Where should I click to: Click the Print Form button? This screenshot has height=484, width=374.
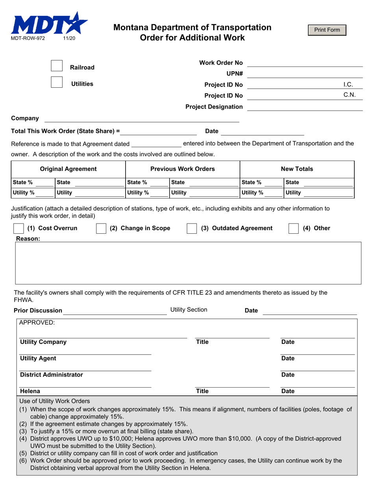pos(327,30)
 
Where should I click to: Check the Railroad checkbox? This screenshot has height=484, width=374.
pos(57,66)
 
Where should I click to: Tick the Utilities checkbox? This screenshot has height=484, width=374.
pos(57,82)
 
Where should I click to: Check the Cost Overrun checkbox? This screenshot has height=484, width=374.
pos(19,229)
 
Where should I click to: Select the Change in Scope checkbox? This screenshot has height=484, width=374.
pos(101,229)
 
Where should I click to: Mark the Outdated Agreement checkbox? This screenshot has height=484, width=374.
pos(192,229)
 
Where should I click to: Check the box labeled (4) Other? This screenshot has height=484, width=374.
pos(294,229)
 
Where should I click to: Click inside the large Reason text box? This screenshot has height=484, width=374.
pos(188,263)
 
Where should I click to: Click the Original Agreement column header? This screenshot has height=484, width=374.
pos(68,169)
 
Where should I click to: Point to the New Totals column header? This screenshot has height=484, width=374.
pos(297,169)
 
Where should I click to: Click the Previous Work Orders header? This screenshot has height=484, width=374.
pos(183,169)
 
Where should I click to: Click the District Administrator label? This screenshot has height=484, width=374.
pos(52,375)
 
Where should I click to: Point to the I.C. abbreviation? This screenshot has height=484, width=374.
pos(348,85)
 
